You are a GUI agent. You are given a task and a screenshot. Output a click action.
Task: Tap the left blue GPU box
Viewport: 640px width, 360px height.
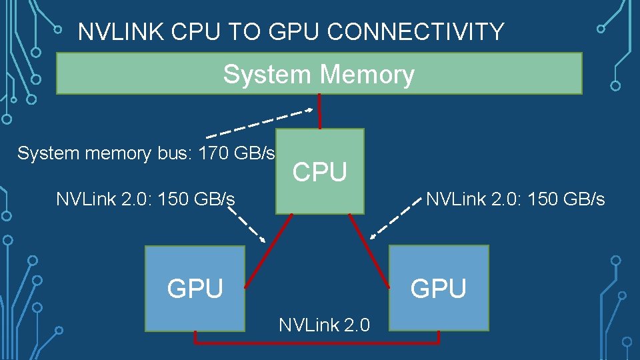tap(195, 313)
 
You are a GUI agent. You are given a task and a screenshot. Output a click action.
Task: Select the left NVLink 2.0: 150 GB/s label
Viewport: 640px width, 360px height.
tap(145, 199)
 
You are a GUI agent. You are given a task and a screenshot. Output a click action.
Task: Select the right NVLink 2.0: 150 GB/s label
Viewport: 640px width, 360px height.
tap(515, 199)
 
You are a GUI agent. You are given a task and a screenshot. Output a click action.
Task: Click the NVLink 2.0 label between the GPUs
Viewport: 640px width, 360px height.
tap(324, 325)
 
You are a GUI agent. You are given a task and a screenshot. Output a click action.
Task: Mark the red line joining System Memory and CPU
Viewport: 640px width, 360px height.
tap(320, 111)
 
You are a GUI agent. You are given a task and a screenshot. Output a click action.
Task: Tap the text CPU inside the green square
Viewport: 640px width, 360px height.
tap(320, 172)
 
